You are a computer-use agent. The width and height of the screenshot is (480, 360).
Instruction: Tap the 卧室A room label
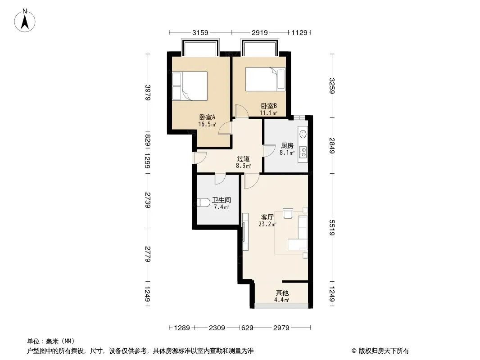click(207, 117)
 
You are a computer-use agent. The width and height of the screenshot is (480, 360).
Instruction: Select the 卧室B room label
click(269, 106)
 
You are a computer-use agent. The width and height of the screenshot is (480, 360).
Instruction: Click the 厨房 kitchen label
click(287, 146)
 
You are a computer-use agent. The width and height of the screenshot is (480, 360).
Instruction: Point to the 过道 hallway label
click(243, 159)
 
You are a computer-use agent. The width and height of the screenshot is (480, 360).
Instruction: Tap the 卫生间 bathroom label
click(222, 200)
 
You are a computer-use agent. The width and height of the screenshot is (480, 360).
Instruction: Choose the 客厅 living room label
click(267, 217)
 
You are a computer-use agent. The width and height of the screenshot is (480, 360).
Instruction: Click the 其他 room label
click(282, 292)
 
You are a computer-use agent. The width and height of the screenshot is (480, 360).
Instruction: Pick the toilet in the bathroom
click(203, 202)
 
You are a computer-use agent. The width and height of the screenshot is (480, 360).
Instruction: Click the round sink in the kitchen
click(303, 134)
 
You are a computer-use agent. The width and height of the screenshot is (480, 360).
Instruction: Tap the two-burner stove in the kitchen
click(303, 152)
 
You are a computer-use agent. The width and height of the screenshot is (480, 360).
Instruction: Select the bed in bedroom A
click(190, 86)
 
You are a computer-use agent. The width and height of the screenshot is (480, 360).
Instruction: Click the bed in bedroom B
click(265, 79)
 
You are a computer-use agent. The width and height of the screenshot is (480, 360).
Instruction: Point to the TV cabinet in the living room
click(245, 232)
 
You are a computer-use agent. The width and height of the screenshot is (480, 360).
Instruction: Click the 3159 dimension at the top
click(200, 32)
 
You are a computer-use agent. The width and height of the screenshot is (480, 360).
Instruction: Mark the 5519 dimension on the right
click(332, 228)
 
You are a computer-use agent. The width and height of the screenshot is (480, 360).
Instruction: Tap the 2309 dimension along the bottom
click(217, 328)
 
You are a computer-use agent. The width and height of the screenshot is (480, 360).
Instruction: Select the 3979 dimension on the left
click(148, 92)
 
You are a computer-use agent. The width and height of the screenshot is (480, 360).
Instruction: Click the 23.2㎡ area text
click(267, 224)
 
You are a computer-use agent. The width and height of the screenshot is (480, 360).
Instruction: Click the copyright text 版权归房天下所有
click(383, 351)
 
